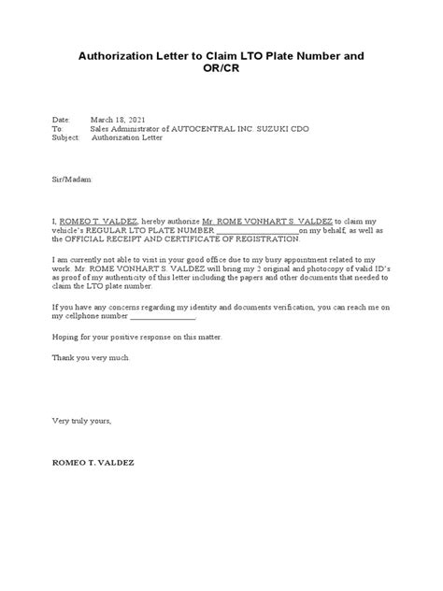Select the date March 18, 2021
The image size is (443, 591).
119,120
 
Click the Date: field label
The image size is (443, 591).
61,120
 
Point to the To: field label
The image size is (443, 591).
57,128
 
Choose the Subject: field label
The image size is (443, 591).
66,137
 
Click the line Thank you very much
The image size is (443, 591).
92,357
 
